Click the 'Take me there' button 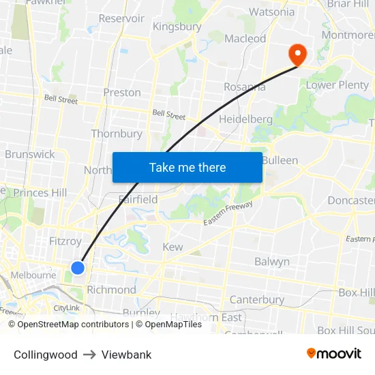click(187, 168)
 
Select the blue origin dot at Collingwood click(78, 268)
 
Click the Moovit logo click(334, 354)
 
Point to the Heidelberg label click(245, 119)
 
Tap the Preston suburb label click(122, 93)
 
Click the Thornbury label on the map click(117, 134)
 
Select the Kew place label click(172, 247)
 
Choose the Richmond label click(111, 290)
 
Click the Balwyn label click(272, 262)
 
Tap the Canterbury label click(257, 300)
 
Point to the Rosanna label click(245, 87)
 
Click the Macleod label click(245, 39)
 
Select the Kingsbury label click(177, 27)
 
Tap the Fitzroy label click(65, 241)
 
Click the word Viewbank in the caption click(126, 355)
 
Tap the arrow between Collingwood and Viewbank click(89, 355)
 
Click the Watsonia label click(272, 12)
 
